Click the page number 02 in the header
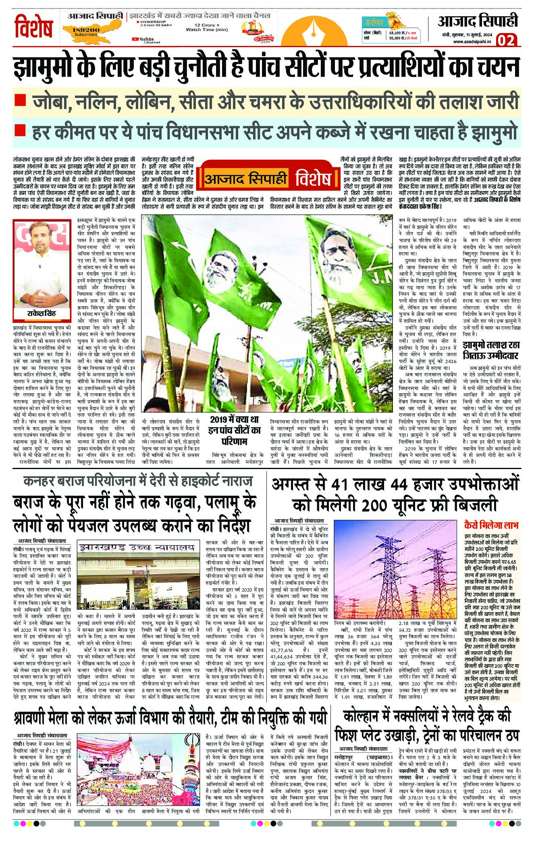(507, 40)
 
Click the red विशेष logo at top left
(34, 27)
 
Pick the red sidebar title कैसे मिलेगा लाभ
(491, 525)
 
